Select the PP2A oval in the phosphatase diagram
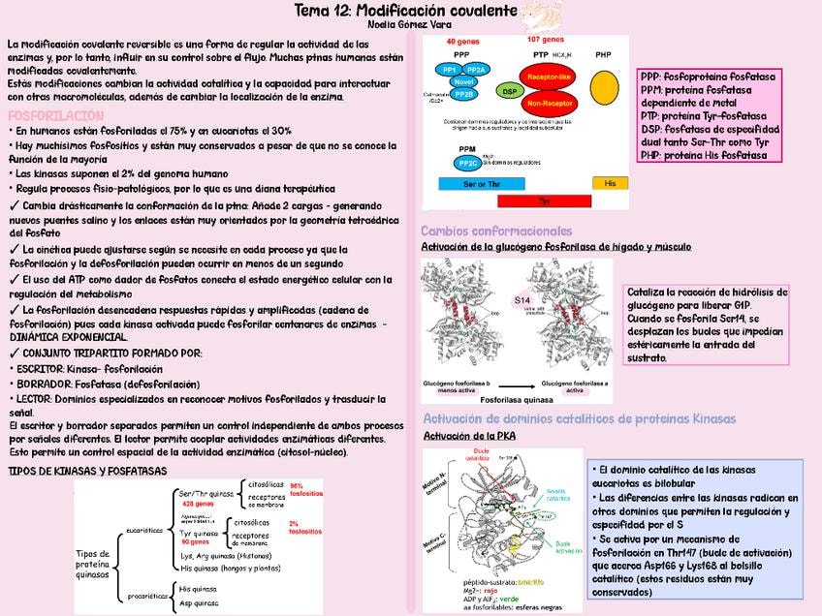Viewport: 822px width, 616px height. tap(476, 71)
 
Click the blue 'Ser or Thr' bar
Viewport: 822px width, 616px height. tap(474, 183)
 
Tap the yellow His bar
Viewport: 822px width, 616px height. tap(609, 183)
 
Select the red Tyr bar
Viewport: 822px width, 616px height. tap(543, 200)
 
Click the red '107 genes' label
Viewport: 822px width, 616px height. tap(545, 40)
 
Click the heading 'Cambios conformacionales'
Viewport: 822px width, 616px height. tap(495, 231)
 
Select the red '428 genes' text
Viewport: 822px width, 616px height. tap(198, 504)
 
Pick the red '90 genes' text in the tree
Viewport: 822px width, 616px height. tap(195, 541)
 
